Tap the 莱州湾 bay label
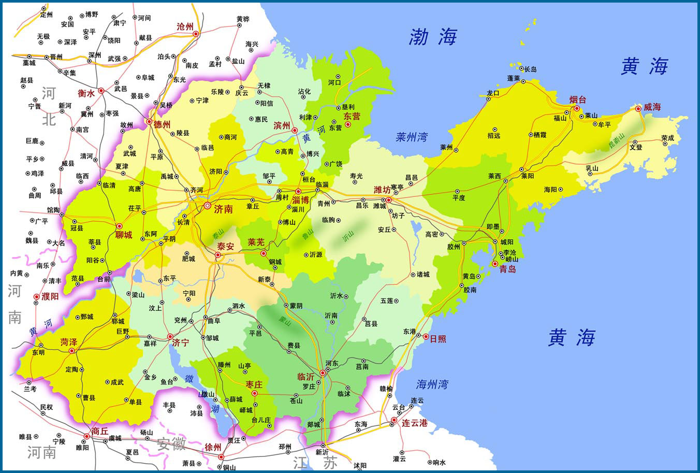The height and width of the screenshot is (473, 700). [x=412, y=137]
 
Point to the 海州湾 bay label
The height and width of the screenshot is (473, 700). [x=432, y=384]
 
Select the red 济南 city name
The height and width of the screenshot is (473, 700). [x=223, y=209]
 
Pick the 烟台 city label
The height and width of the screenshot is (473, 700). [x=577, y=99]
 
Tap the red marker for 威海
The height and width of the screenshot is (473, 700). [x=638, y=109]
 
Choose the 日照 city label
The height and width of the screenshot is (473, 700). [x=437, y=339]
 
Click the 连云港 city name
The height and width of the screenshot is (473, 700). [x=415, y=423]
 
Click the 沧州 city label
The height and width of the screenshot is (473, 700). [x=185, y=26]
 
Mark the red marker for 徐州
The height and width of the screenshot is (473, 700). [x=221, y=456]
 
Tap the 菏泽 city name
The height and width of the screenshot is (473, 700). [x=68, y=342]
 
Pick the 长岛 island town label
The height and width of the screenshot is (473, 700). [x=531, y=69]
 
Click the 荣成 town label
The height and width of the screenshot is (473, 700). [x=668, y=138]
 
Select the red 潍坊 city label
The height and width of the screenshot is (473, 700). [x=382, y=190]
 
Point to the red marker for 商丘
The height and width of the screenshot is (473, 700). [x=86, y=436]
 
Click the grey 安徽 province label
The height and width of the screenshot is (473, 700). [x=171, y=443]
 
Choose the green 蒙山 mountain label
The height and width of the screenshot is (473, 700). [x=285, y=321]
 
